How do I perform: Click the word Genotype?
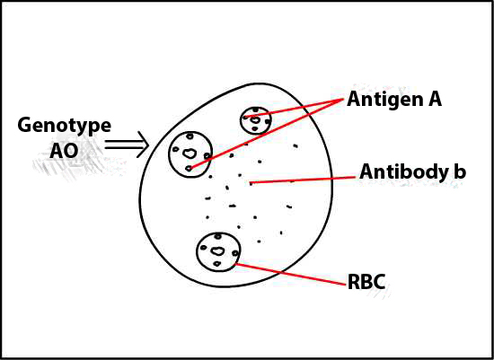pos(65,127)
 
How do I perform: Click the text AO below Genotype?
pos(64,151)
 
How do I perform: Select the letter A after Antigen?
pos(434,99)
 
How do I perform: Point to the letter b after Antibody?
pos(459,171)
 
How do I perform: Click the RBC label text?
pos(366,282)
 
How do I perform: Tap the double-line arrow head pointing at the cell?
pos(143,145)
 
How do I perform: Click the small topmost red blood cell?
pos(255,120)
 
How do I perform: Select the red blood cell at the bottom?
pos(218,252)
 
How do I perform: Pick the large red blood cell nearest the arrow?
pos(190,154)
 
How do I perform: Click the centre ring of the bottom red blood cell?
pos(217,251)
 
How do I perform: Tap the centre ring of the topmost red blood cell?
pos(255,120)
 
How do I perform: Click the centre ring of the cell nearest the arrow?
pos(190,154)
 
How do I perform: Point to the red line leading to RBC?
pos(290,275)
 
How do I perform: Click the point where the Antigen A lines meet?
pos(343,100)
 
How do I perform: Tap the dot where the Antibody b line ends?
pos(251,183)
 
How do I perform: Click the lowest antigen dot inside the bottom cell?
pos(217,264)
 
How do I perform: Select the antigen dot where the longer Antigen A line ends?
pos(189,169)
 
